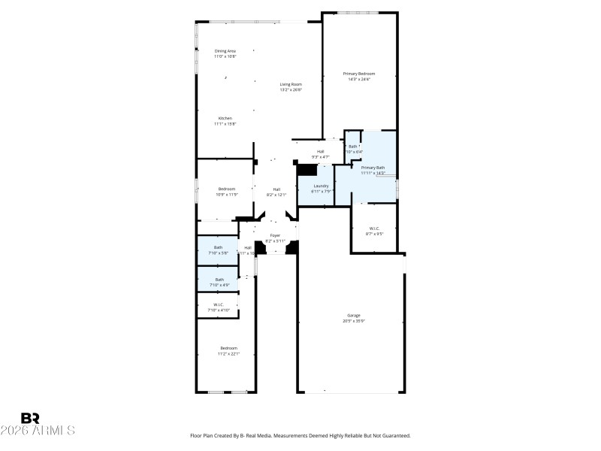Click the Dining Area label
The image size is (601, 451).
coord(225,51)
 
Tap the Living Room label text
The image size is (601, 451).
coord(291,84)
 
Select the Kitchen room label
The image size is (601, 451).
coord(225,118)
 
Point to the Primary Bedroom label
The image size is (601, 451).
coord(359,73)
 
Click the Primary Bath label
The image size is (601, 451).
coord(373,168)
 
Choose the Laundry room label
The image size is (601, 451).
coord(322,186)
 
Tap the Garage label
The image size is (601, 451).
coord(354,316)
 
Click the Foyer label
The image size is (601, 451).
coord(276,235)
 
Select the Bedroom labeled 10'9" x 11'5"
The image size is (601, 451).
coord(227,189)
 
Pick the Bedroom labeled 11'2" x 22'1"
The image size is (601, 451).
coord(228,348)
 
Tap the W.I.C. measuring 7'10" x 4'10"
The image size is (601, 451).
coord(218,304)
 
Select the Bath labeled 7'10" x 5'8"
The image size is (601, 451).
coord(218,247)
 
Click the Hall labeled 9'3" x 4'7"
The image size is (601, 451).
coord(320,152)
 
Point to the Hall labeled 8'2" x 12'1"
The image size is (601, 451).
coord(276,189)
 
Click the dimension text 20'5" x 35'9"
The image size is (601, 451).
coord(354,321)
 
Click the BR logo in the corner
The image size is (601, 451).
coord(30,418)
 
